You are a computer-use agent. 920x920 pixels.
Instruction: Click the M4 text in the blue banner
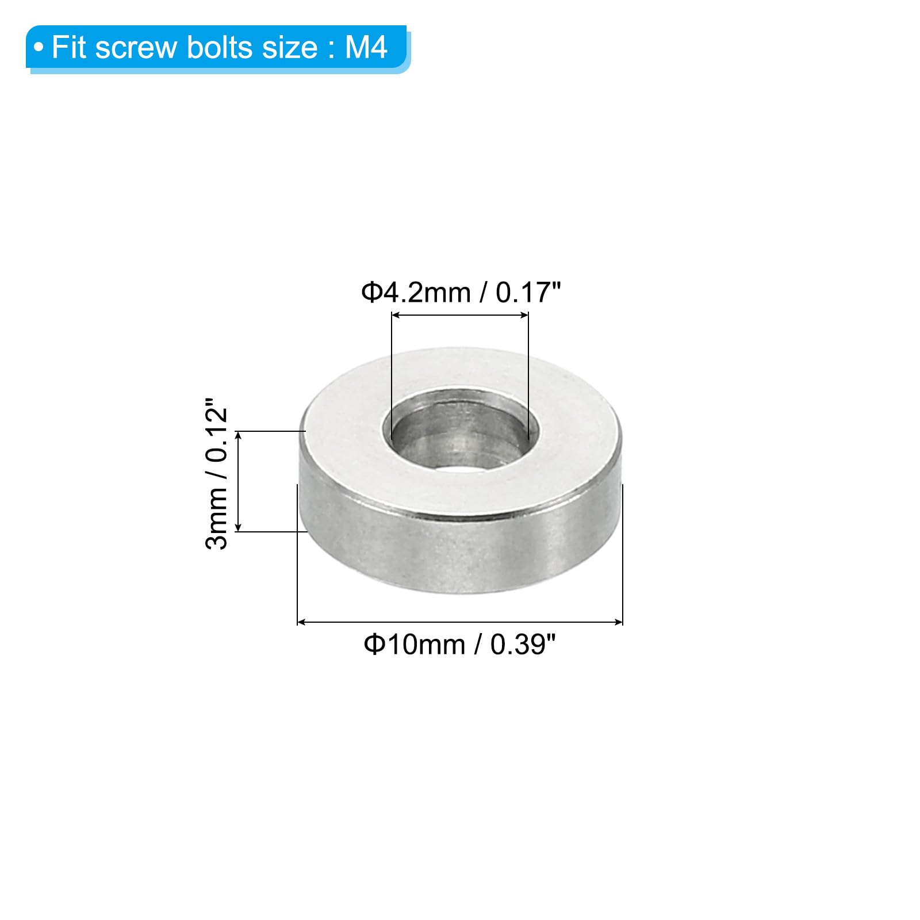pyautogui.click(x=366, y=47)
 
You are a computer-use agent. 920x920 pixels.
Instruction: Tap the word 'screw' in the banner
pyautogui.click(x=136, y=47)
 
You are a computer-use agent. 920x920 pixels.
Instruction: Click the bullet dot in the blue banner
pyautogui.click(x=39, y=47)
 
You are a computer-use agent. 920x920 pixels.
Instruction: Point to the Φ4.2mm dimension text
pyautogui.click(x=416, y=293)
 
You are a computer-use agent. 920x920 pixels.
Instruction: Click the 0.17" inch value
pyautogui.click(x=528, y=292)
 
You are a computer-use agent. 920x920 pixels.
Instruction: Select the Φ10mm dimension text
pyautogui.click(x=414, y=644)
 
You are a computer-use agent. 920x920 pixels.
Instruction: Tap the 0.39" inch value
pyautogui.click(x=523, y=644)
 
